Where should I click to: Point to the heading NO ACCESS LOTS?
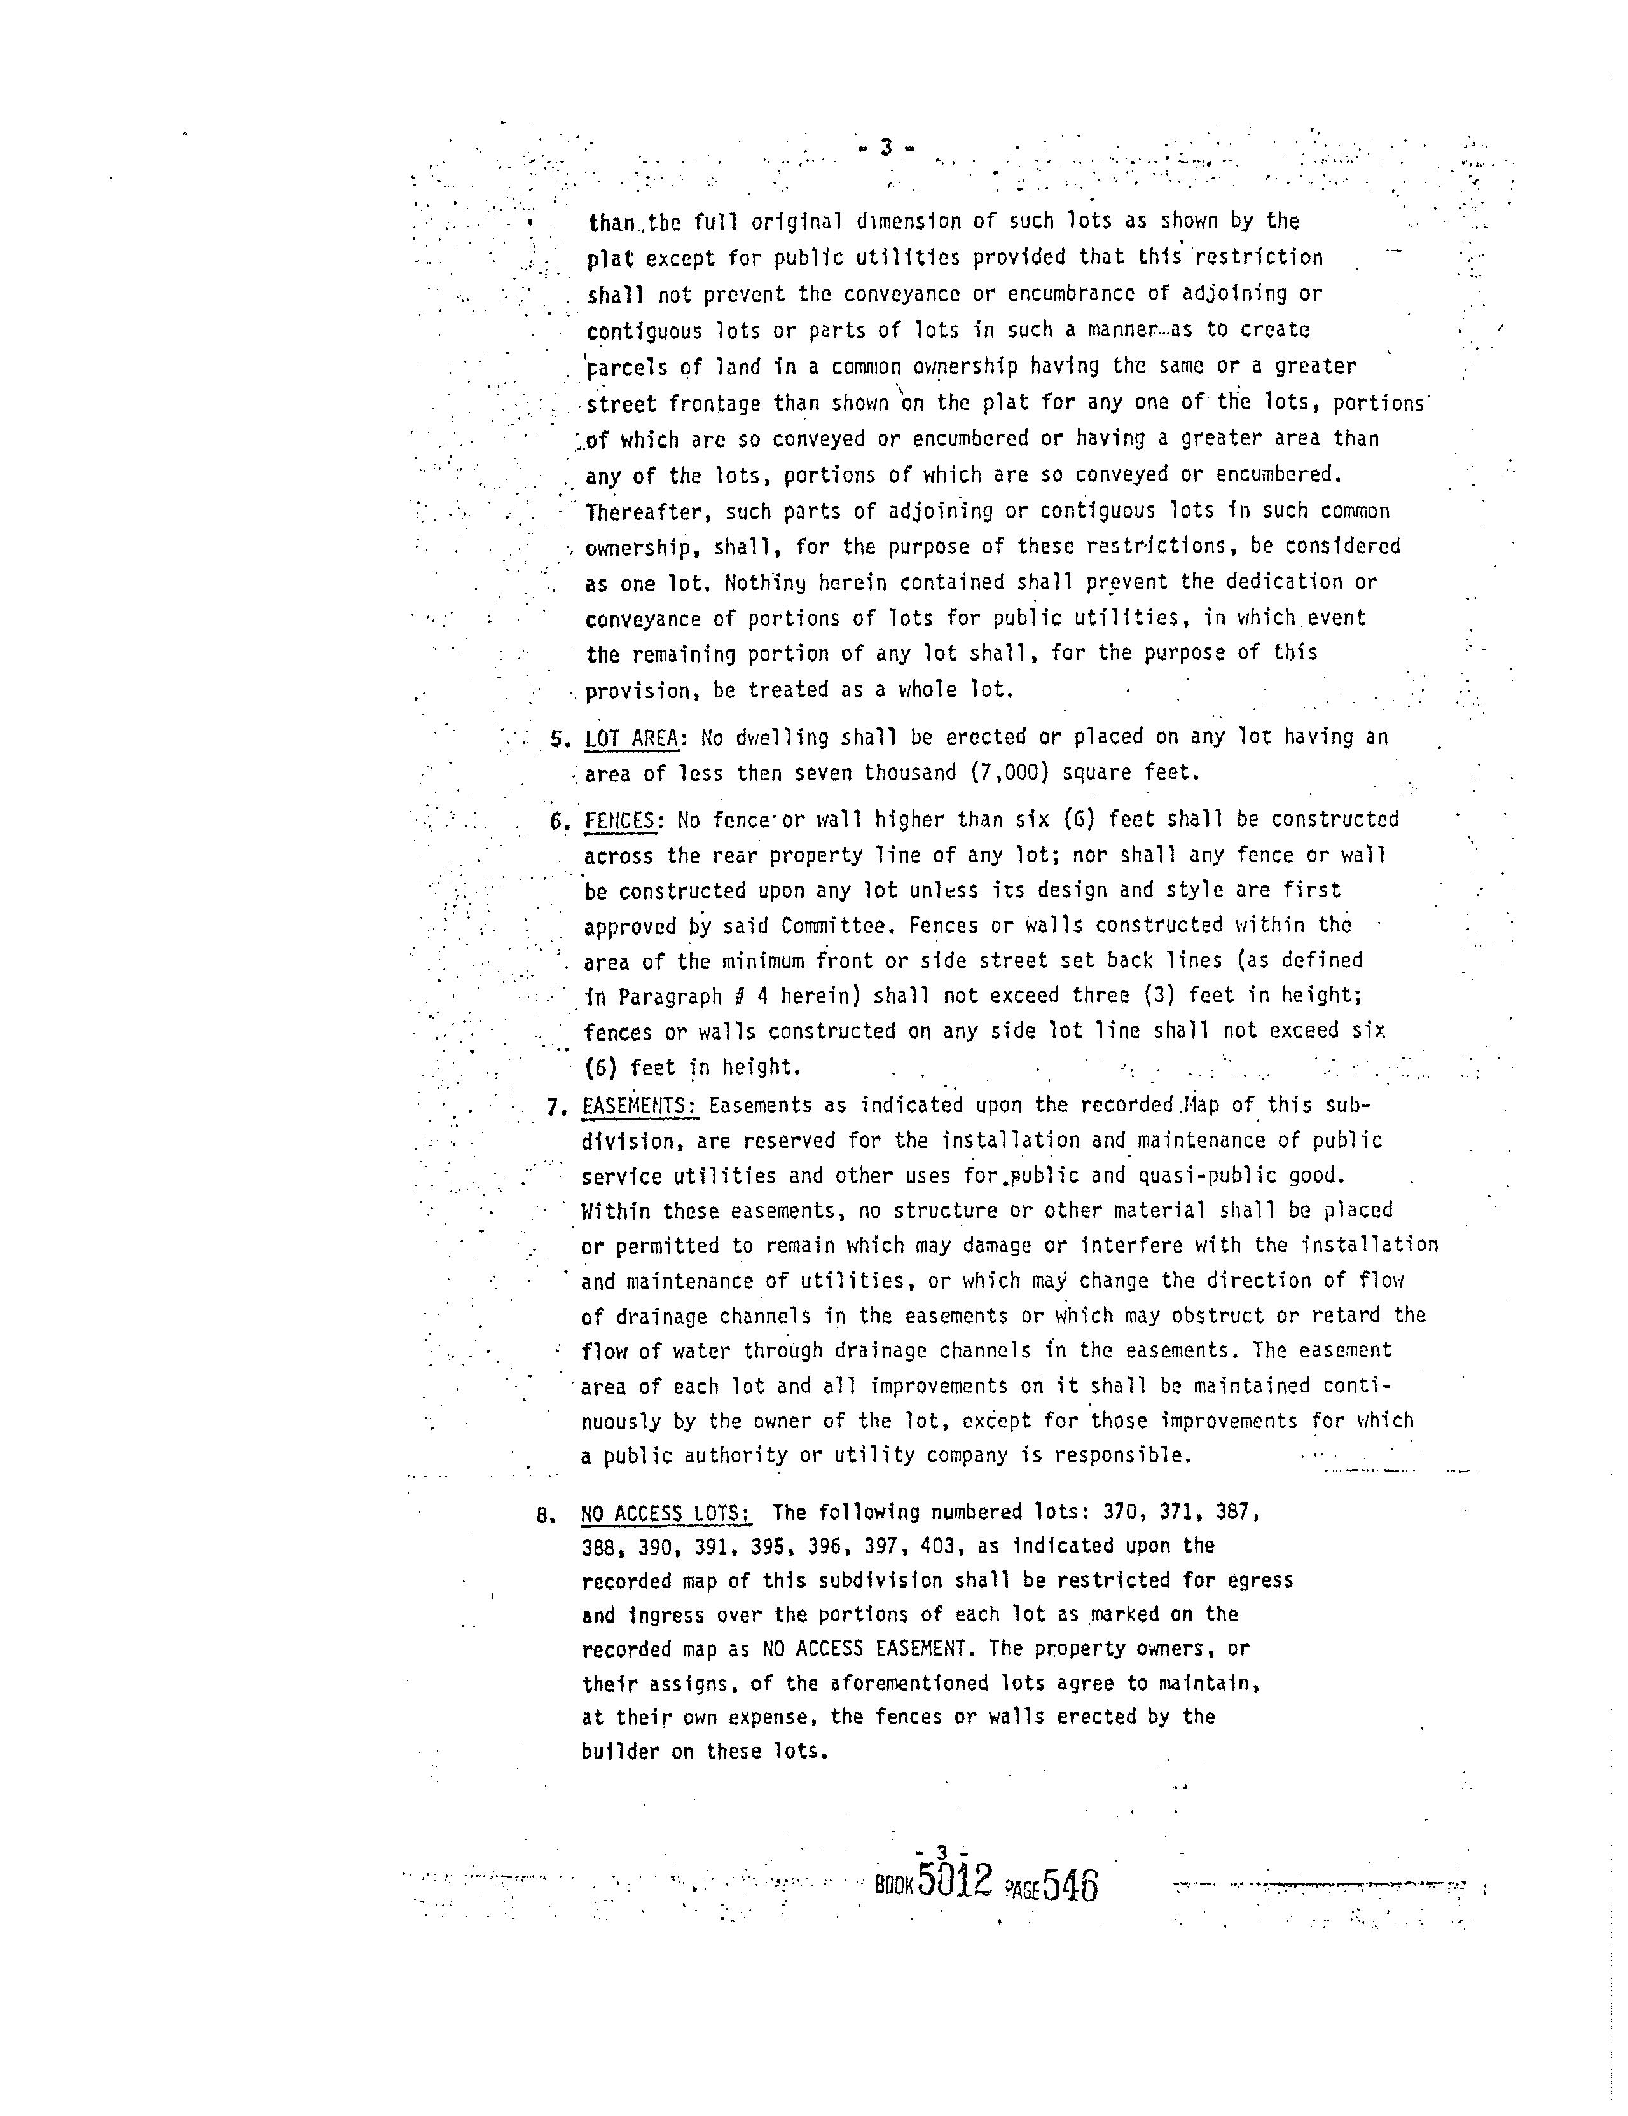[666, 1513]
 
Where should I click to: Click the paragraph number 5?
[557, 738]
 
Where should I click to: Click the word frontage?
[715, 403]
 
